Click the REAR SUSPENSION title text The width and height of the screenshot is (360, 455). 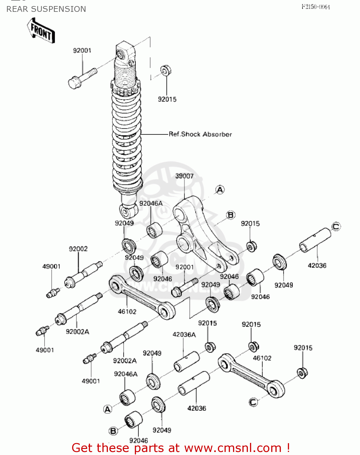[46, 9]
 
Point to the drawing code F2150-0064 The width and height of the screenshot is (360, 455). [315, 7]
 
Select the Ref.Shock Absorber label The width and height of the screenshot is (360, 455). [200, 134]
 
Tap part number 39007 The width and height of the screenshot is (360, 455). [184, 176]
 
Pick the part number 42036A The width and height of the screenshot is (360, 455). [184, 335]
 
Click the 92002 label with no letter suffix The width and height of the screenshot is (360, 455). [78, 249]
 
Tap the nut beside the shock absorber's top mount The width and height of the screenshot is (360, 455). [165, 71]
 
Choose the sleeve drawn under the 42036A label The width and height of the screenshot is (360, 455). [186, 361]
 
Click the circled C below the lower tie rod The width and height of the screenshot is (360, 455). [253, 402]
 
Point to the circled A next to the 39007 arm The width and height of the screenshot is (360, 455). [220, 190]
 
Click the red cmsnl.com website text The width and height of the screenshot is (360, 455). [181, 448]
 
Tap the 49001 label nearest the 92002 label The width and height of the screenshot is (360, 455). [51, 266]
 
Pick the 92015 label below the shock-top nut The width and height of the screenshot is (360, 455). [167, 99]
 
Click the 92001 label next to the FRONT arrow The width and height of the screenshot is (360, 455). [82, 50]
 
